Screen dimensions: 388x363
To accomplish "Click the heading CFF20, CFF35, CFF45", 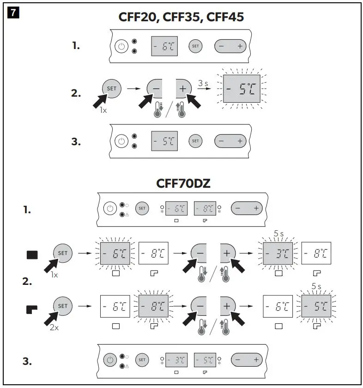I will pos(181,17).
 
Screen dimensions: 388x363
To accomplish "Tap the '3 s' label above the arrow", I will pos(204,83).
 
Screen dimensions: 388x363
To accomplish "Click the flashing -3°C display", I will pos(278,254).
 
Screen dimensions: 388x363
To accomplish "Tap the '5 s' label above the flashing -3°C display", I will pos(278,234).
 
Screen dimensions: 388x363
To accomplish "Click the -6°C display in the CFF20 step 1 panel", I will pos(164,46).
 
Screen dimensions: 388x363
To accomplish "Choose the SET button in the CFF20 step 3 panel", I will pos(195,141).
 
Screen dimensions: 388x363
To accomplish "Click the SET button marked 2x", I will pos(63,306).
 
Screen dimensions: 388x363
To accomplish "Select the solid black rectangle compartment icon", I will pos(33,254).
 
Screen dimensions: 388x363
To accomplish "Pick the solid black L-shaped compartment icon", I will pos(33,307).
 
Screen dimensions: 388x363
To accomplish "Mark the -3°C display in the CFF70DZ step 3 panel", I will pos(176,359).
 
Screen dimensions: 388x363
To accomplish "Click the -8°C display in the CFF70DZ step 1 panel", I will pos(205,209).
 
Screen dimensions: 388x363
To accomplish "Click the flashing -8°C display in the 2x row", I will pos(154,306).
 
